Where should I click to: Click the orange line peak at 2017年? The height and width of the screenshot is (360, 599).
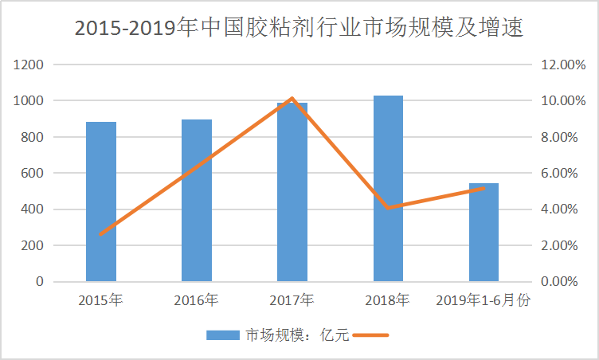coord(292,99)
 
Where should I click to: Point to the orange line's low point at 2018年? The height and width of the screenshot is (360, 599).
coord(388,207)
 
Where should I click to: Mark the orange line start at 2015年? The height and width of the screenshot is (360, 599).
coord(101,234)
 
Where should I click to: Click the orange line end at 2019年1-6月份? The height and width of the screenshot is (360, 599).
coord(484,189)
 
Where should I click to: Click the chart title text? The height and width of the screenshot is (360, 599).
coord(299,28)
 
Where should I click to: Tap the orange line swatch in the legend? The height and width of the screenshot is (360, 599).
coord(370,335)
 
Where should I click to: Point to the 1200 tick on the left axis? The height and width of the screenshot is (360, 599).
coord(29,65)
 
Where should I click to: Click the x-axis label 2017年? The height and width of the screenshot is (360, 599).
coord(292,301)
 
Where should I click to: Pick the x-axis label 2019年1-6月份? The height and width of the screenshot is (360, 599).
coord(484,301)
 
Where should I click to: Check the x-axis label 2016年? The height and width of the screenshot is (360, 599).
coord(197,301)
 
